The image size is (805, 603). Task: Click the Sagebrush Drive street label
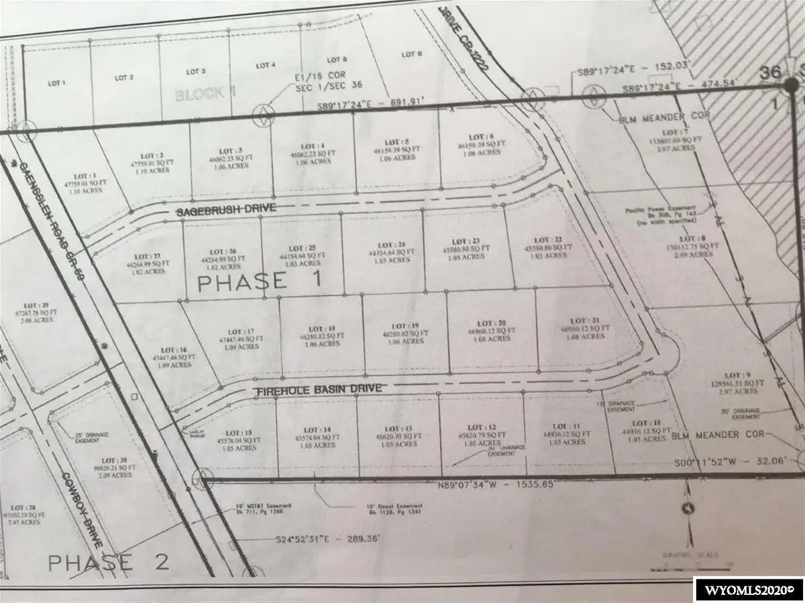click(226, 210)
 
